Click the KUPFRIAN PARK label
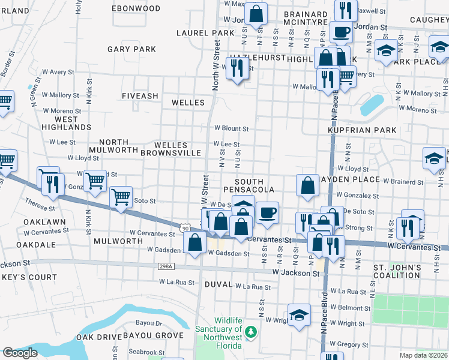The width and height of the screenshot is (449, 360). [362, 130]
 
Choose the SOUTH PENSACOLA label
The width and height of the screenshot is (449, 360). [255, 185]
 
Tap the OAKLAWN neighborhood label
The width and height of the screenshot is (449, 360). [44, 221]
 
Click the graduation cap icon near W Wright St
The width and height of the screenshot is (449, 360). [299, 314]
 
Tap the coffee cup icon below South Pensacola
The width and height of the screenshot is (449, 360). [267, 212]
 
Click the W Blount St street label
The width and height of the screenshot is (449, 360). [232, 128]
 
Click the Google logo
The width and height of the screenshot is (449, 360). [20, 353]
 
